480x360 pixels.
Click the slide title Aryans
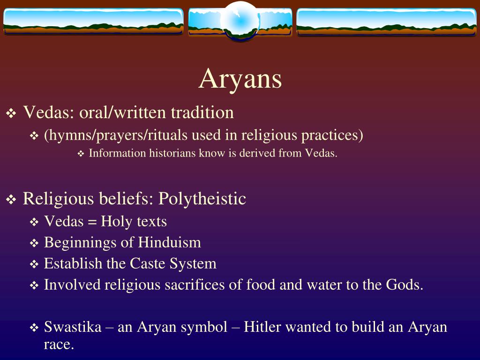240,78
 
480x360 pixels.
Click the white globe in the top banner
240,20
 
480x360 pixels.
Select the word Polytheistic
202,199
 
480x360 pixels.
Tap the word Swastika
73,327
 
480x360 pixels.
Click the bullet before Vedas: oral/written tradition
11,113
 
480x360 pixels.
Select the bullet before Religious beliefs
11,200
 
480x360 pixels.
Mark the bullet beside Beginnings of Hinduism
34,243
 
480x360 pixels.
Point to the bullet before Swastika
34,328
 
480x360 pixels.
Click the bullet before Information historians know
80,154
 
